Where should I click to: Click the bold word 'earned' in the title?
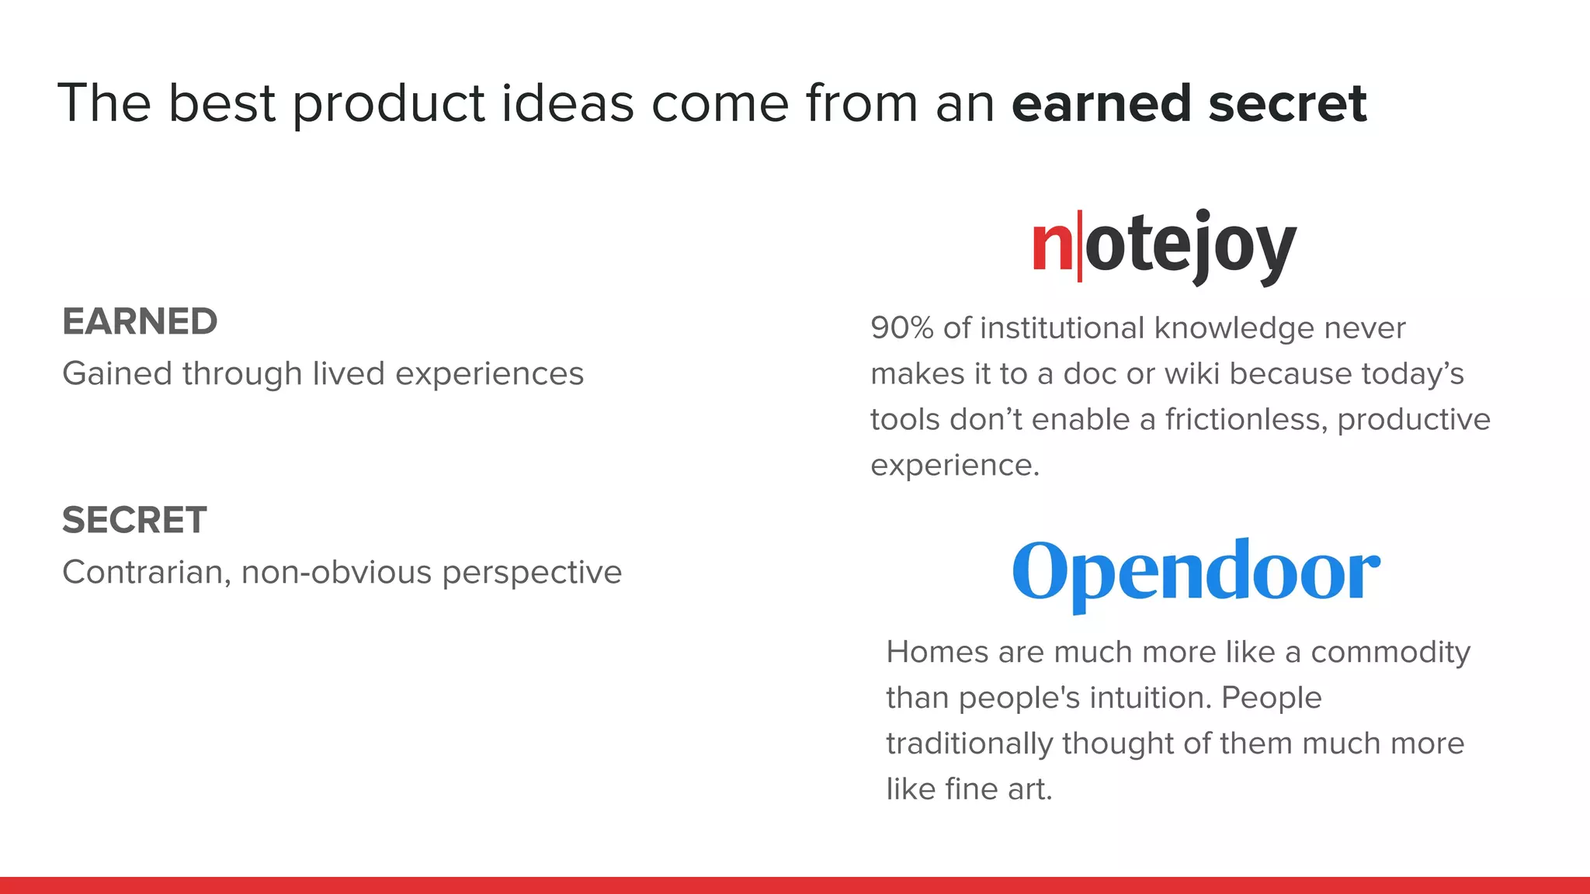tap(1101, 103)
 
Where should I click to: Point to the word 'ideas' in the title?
tap(567, 103)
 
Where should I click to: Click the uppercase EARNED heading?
tap(140, 321)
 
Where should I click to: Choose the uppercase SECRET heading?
tap(134, 520)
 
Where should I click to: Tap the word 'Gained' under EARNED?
tap(116, 374)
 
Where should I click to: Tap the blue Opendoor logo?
tap(1196, 573)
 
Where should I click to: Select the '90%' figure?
tap(901, 328)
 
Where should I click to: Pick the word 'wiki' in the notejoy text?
tap(1193, 374)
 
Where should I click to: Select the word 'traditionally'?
tap(969, 744)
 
